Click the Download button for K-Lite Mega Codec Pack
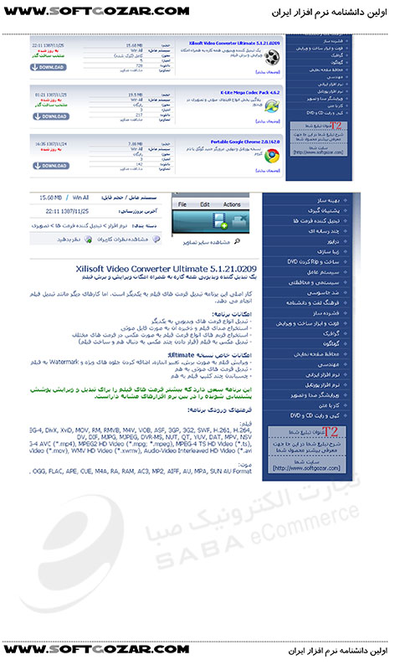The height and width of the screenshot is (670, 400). click(51, 116)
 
